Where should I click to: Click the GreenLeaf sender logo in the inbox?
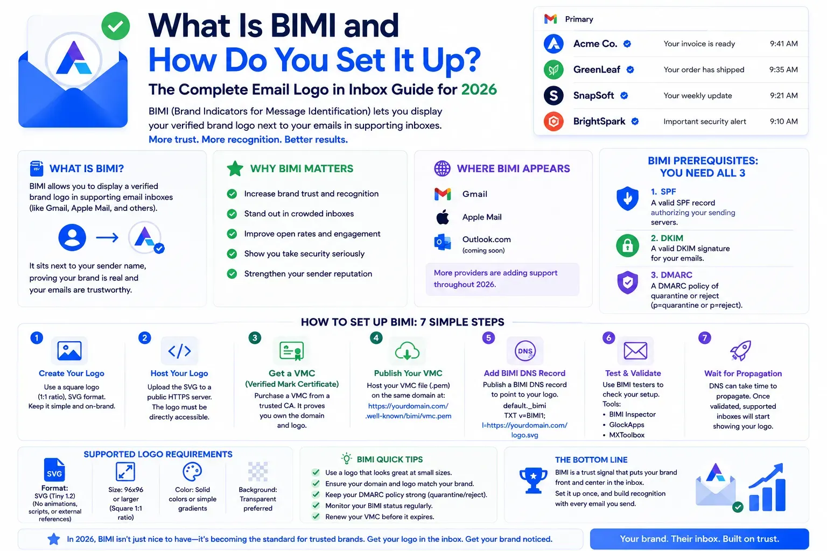tap(553, 69)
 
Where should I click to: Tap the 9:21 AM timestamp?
tap(783, 96)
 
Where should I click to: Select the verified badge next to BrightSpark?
tap(635, 122)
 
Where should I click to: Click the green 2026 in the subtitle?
tap(479, 89)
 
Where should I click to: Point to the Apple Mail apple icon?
tap(443, 217)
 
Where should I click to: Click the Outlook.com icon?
tap(443, 242)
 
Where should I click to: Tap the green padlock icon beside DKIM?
tap(627, 245)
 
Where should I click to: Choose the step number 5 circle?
tap(488, 338)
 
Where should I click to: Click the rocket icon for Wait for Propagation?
tap(741, 350)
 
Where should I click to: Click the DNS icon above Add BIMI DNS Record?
tap(524, 351)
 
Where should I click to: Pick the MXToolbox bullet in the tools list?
tap(627, 435)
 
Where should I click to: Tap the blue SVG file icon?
tap(54, 469)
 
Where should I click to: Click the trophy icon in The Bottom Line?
tap(533, 480)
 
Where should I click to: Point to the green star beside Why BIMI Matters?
tap(235, 168)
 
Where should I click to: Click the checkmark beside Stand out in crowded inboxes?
tap(232, 214)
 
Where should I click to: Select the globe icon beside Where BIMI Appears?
tap(442, 168)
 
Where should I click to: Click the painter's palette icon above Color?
tap(192, 471)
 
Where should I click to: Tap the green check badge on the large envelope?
tap(116, 26)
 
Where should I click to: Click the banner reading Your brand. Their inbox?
tap(699, 539)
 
